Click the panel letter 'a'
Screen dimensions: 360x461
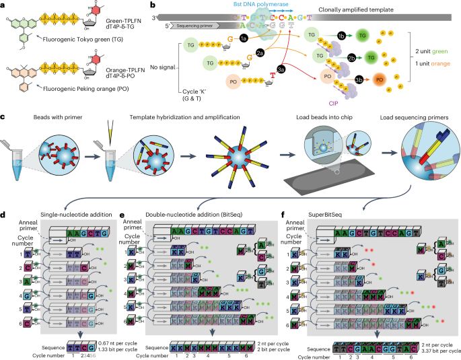(x=4, y=5)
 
